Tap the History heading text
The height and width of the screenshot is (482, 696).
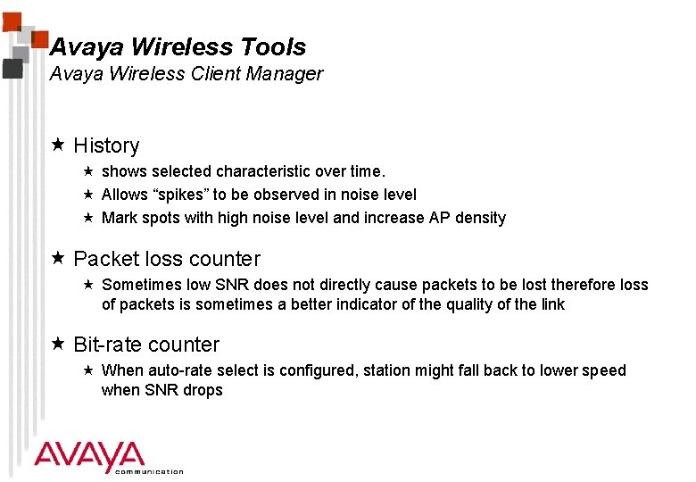tap(106, 145)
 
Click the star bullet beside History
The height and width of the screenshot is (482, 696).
tap(59, 145)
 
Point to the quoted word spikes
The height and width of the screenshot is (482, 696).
tap(178, 195)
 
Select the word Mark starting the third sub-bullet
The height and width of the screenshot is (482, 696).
tap(119, 218)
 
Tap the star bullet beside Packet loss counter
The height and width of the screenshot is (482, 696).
tap(59, 259)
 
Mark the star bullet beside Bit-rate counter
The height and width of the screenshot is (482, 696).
tap(59, 345)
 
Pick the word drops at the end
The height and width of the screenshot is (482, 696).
tap(203, 390)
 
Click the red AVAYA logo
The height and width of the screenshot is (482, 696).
tap(89, 456)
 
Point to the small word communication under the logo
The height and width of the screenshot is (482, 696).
tap(150, 471)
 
